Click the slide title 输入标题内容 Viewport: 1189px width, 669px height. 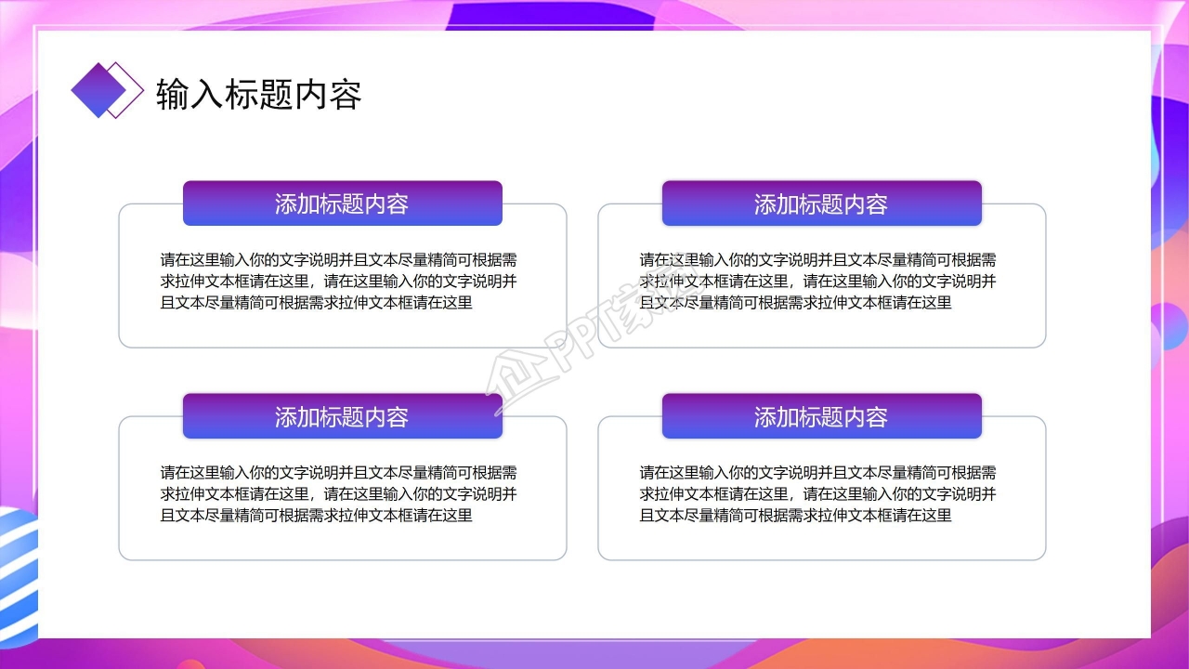(x=258, y=95)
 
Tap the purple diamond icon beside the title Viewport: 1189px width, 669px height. (x=98, y=90)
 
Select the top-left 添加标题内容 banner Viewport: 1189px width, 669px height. (x=342, y=203)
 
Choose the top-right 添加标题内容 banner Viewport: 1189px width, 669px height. (x=821, y=203)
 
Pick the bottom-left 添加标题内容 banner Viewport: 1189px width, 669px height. (x=342, y=416)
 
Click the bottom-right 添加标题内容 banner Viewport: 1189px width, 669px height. (x=821, y=416)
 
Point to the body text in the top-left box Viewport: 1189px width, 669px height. (x=339, y=281)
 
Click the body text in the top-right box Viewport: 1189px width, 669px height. (x=818, y=281)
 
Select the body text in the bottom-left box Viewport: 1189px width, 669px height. (x=339, y=493)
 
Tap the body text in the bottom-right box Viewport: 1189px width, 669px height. (x=818, y=493)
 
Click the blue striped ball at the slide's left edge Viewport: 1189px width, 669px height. (x=17, y=576)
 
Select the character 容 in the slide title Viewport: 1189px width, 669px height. (x=345, y=95)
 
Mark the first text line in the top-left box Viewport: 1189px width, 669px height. (x=339, y=259)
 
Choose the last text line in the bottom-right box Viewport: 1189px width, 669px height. (x=796, y=515)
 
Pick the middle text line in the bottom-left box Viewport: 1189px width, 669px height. (x=339, y=493)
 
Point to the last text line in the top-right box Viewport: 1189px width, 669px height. (x=796, y=302)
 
